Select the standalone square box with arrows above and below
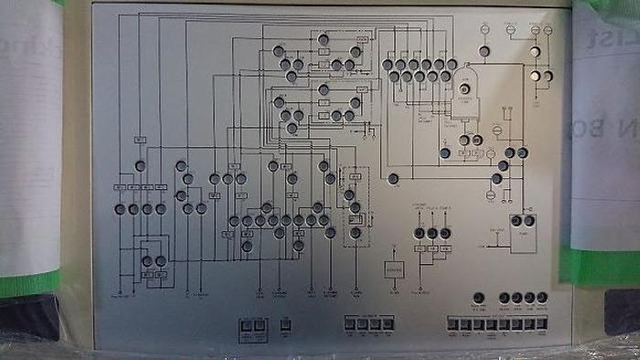pyautogui.click(x=394, y=270)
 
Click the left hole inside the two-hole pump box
pyautogui.click(x=517, y=221)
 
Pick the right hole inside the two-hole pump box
pyautogui.click(x=529, y=221)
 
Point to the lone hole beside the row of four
pyautogui.click(x=478, y=298)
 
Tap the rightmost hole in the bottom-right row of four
pyautogui.click(x=542, y=298)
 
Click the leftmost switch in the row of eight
pyautogui.click(x=453, y=324)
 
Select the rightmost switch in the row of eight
pyautogui.click(x=541, y=324)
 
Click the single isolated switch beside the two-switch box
pyautogui.click(x=284, y=324)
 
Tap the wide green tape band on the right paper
pyautogui.click(x=599, y=265)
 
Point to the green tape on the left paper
pyautogui.click(x=27, y=283)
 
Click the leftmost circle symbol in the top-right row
pyautogui.click(x=485, y=30)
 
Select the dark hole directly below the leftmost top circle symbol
pyautogui.click(x=485, y=51)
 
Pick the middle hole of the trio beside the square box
pyautogui.click(x=432, y=233)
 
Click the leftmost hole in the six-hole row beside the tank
pyautogui.click(x=388, y=64)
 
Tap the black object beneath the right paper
pyautogui.click(x=622, y=311)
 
